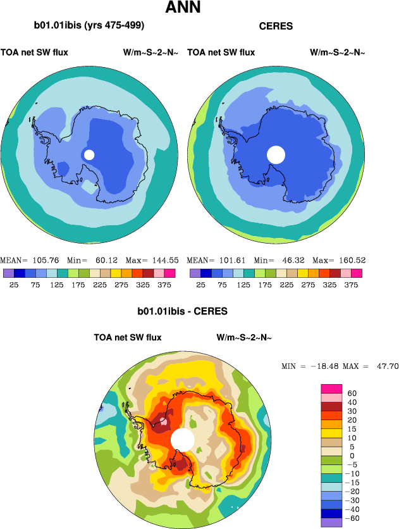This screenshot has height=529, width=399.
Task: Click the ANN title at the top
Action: click(x=184, y=8)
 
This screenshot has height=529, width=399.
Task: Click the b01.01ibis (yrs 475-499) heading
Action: click(x=89, y=26)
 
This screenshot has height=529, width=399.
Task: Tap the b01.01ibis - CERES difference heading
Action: click(x=182, y=311)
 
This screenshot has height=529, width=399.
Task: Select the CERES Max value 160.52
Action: click(x=350, y=260)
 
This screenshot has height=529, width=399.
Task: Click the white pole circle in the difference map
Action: click(x=183, y=439)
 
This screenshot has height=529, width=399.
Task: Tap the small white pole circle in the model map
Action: click(x=89, y=154)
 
